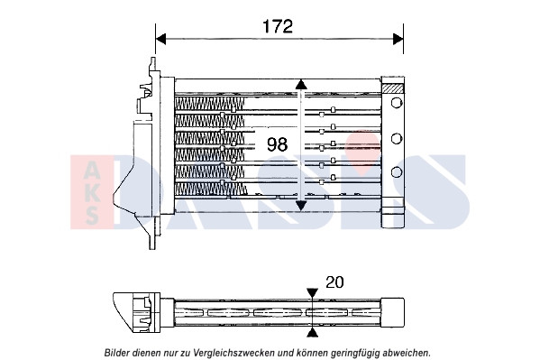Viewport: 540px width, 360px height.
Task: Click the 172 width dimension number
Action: point(278,26)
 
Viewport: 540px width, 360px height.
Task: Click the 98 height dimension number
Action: point(278,144)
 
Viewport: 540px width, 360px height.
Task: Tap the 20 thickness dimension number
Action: point(334,282)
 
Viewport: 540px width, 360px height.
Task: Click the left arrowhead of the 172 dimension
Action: point(160,39)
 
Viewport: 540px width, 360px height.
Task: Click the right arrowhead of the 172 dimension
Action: point(398,39)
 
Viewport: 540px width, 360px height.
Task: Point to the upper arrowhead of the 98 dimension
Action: point(301,85)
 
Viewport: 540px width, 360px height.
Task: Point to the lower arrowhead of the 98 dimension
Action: point(301,206)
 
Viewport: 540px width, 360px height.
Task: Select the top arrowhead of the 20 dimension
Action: point(312,293)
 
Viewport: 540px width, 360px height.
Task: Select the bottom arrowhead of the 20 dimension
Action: point(312,332)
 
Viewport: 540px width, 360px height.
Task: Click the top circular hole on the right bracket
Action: point(397,103)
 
